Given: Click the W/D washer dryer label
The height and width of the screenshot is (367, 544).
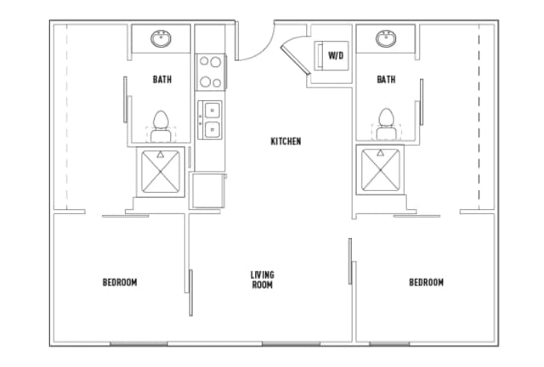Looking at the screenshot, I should tap(336, 56).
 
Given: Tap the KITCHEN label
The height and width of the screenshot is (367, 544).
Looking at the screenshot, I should tap(286, 141).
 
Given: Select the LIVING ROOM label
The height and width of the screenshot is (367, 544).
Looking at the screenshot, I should tap(262, 279).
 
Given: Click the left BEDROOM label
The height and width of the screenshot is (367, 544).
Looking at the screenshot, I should tap(120, 282).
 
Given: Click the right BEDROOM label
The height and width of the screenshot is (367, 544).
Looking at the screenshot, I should tap(426, 282).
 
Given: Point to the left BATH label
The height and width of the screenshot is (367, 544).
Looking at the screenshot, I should tap(161, 80).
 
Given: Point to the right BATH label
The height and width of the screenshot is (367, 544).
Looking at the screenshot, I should tap(386, 80).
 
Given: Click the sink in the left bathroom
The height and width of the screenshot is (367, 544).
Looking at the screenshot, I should tap(161, 38).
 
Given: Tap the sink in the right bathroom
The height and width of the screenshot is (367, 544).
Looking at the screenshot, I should tap(387, 38).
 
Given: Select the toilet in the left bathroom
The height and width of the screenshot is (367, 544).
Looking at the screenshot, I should tap(161, 122).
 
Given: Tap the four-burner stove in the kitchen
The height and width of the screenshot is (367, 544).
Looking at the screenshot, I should tap(210, 71).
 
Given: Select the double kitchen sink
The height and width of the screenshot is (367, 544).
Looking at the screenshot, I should tap(210, 119).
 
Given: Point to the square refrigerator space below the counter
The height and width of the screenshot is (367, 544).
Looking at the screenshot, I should tap(207, 189).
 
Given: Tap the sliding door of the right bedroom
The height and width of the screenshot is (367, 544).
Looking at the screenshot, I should tap(350, 263).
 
